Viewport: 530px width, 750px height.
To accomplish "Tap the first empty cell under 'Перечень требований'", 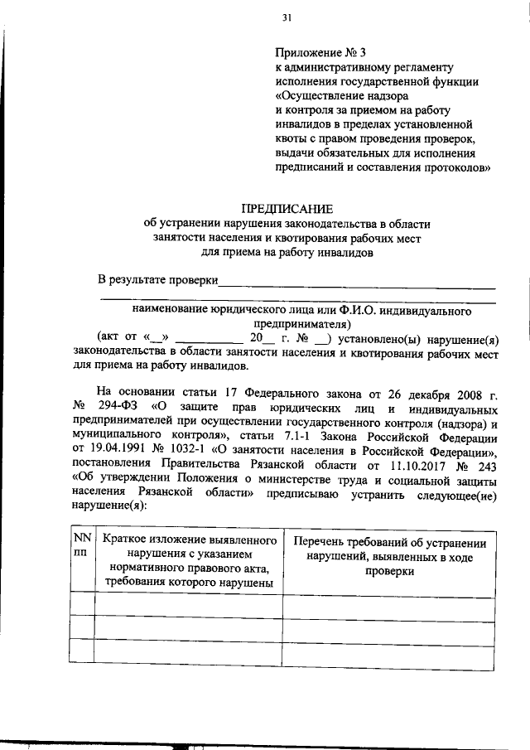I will (x=390, y=604).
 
